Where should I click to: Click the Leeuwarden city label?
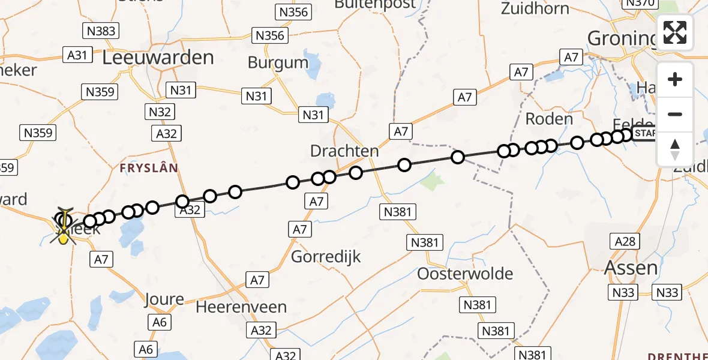coord(158,58)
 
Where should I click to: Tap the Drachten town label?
coord(344,151)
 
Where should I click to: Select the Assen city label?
coord(631,268)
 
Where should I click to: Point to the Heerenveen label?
coord(242,307)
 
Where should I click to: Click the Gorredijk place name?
coord(326,257)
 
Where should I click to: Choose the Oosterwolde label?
coord(466,274)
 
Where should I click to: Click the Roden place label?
coord(549,119)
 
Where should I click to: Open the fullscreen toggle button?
coord(675,32)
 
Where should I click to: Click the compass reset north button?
coord(675,149)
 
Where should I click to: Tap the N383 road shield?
coord(100,31)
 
